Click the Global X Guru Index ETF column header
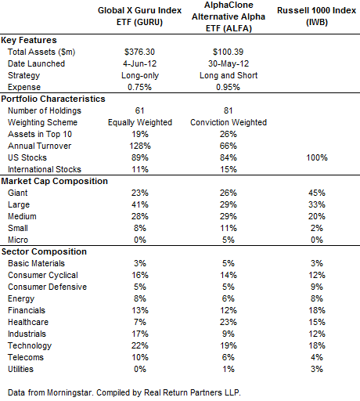[x=139, y=16]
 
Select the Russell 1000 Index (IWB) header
[x=316, y=16]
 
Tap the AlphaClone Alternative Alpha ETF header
[x=229, y=16]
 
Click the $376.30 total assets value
[x=139, y=52]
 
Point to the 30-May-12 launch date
[x=229, y=63]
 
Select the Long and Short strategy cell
[x=229, y=75]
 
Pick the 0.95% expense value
[x=228, y=87]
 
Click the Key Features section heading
[x=29, y=40]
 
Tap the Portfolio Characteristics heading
[x=53, y=99]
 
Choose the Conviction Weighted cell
[x=229, y=122]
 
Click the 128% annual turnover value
[x=140, y=146]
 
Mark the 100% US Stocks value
[x=317, y=157]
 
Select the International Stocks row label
[x=45, y=169]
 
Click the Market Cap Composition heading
[x=55, y=181]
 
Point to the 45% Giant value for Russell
[x=317, y=193]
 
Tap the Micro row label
[x=18, y=240]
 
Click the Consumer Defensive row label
[x=47, y=287]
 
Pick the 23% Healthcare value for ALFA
[x=229, y=322]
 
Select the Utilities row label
[x=21, y=369]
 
